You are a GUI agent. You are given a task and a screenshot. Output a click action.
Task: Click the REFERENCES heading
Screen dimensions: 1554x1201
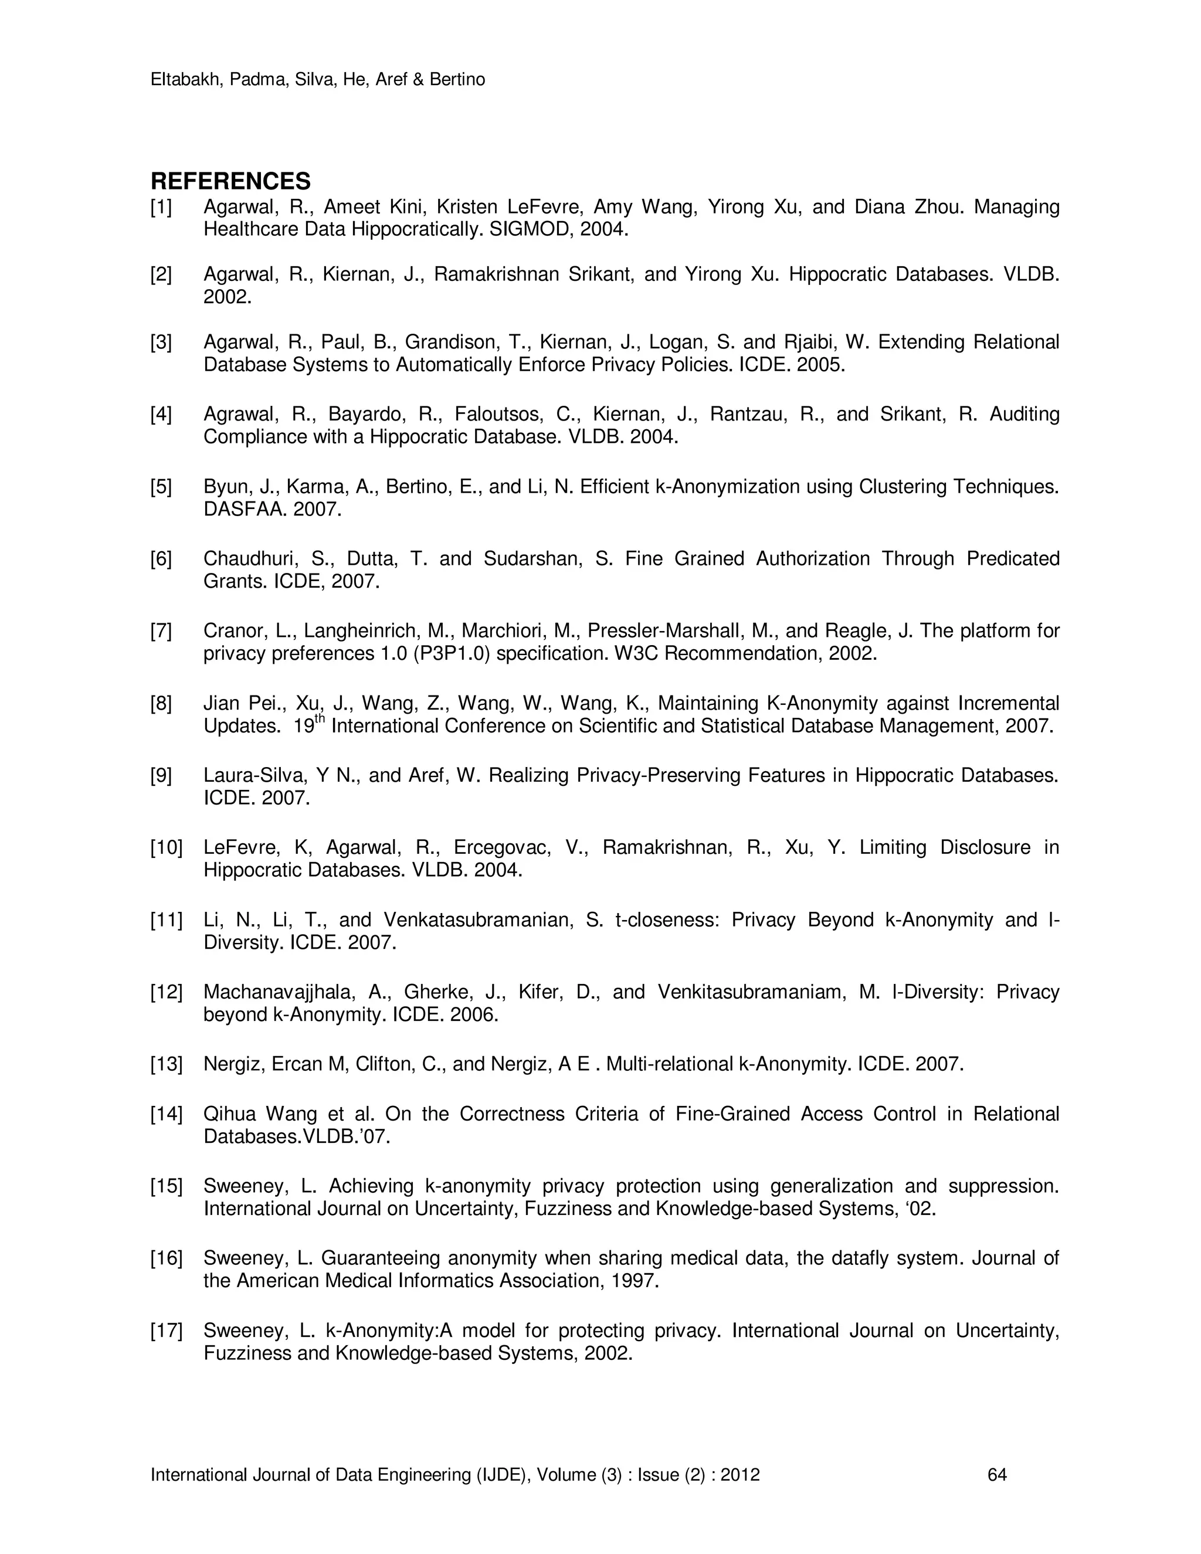point(230,181)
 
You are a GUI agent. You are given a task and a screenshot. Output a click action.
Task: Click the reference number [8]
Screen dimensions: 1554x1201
point(161,704)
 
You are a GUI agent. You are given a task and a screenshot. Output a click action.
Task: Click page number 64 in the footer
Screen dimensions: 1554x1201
point(998,1475)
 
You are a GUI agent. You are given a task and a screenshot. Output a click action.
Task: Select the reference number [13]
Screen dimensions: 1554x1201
point(166,1064)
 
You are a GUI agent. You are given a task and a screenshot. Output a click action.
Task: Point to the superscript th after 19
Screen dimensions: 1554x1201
point(320,720)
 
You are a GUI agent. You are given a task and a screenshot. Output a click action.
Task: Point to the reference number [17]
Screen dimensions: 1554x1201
point(166,1331)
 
